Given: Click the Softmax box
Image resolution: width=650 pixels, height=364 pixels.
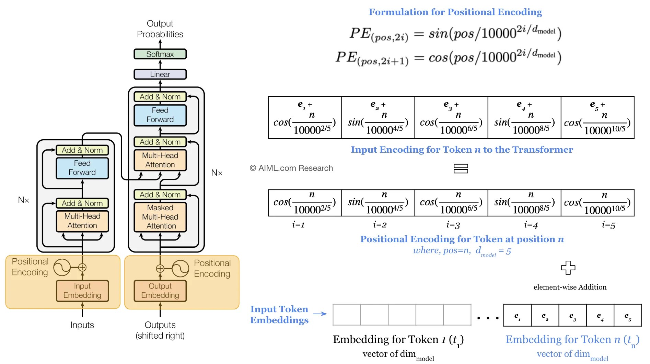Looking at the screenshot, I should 160,54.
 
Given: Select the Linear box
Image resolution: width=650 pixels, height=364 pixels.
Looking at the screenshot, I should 160,74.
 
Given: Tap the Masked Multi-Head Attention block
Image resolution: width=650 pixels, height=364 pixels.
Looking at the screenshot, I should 160,217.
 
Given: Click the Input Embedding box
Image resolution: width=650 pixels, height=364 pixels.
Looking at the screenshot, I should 82,291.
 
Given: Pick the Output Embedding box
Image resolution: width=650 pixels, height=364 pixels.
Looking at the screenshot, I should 160,291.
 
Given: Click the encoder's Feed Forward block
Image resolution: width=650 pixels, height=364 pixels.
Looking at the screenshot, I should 82,168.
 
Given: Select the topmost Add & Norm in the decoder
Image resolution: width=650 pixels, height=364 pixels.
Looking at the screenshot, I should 160,97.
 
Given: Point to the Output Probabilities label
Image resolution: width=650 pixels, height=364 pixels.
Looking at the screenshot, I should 160,29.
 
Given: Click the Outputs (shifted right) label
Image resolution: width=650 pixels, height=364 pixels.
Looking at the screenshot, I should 160,330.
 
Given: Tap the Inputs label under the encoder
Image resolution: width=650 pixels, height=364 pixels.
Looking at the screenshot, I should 82,325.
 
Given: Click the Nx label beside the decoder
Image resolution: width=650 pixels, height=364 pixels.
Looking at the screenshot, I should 217,173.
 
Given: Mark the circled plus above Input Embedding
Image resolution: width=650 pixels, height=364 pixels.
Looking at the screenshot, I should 82,268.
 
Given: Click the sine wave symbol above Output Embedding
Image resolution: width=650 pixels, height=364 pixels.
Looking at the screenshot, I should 181,269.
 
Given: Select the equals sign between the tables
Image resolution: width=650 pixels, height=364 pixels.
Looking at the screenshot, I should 461,168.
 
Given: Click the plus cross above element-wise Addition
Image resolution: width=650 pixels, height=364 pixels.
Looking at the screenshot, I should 568,268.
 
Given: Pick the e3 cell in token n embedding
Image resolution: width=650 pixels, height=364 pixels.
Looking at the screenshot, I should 572,316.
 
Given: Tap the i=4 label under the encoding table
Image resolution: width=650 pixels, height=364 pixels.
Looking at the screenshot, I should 531,225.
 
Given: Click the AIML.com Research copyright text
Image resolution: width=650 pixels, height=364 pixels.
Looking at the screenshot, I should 291,168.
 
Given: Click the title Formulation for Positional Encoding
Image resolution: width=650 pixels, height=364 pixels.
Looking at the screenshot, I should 455,12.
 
